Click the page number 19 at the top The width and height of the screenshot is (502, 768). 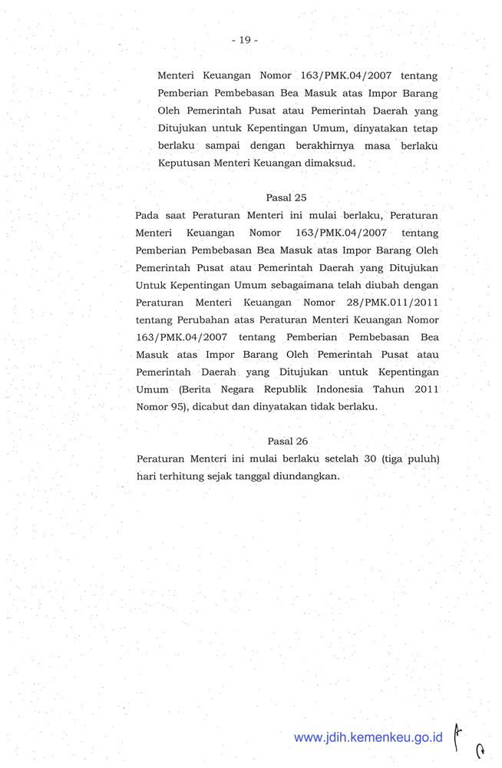(245, 40)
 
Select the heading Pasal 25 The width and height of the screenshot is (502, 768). (286, 197)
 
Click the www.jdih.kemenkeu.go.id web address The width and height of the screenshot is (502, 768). (368, 737)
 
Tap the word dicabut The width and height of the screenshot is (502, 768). (206, 407)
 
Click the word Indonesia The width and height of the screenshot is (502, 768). (339, 389)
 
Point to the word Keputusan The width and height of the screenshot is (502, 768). (183, 163)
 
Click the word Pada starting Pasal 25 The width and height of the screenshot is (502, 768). (146, 215)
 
